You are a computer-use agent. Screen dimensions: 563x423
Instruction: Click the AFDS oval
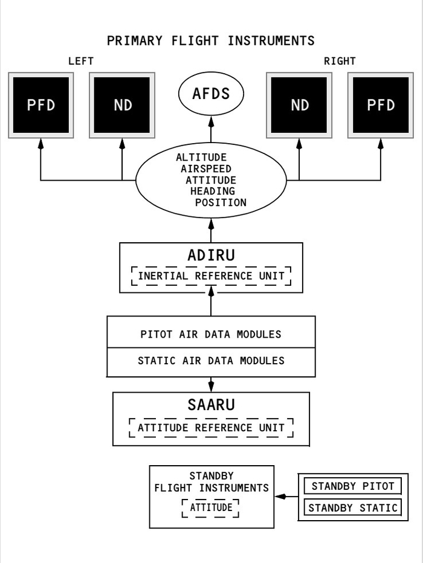coord(211,95)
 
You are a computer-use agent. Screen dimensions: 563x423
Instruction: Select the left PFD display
coord(41,105)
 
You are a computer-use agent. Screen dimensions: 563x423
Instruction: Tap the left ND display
coord(123,105)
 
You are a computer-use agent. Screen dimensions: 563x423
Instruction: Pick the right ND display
coord(300,105)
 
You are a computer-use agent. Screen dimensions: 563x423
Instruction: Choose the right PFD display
coord(381,105)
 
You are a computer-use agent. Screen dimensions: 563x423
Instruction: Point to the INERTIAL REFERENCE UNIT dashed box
coord(211,276)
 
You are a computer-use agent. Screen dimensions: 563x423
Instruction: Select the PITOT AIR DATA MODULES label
coord(211,334)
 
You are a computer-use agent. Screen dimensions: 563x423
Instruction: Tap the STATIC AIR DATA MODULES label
coord(211,361)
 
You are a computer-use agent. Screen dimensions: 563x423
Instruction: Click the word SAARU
coord(211,405)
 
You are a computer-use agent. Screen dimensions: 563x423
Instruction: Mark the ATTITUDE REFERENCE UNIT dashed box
coord(211,428)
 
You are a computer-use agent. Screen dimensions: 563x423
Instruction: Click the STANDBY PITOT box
coord(352,486)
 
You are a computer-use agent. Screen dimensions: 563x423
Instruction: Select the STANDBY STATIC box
coord(352,508)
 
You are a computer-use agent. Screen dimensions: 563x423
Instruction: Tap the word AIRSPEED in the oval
coord(205,169)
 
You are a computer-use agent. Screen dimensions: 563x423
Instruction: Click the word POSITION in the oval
coord(221,203)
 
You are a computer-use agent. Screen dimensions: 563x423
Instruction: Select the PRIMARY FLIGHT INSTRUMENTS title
coord(211,41)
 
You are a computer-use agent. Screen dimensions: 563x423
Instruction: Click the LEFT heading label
coord(81,61)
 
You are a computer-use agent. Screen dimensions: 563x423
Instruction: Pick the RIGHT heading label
coord(340,61)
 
